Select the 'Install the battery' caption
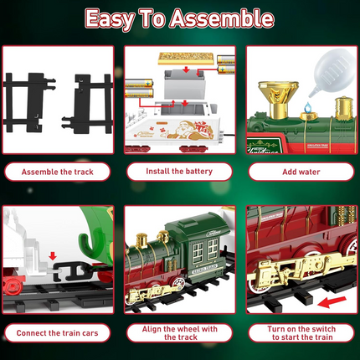(179, 172)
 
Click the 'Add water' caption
(300, 172)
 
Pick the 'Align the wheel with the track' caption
(179, 332)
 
